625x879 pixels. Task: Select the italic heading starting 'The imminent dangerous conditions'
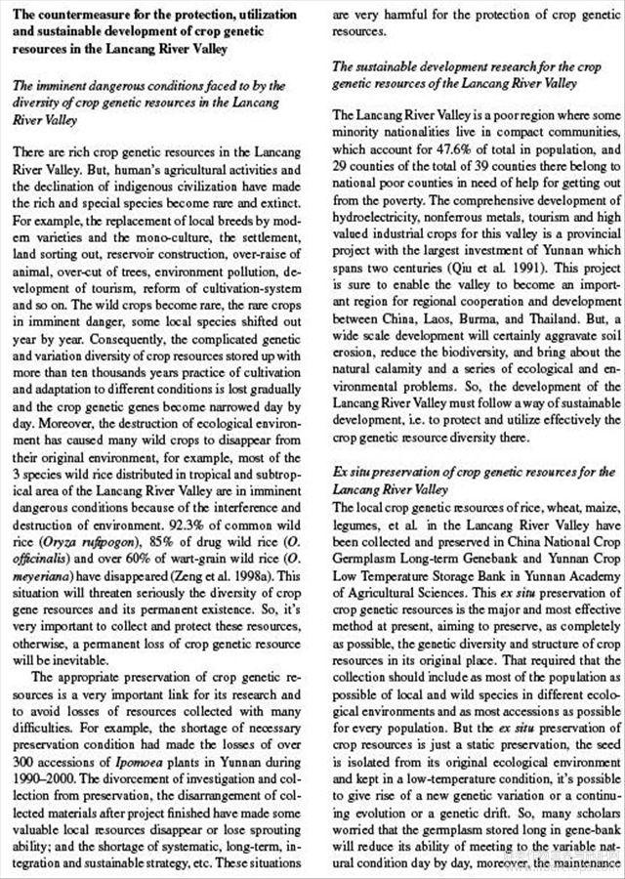146,101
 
